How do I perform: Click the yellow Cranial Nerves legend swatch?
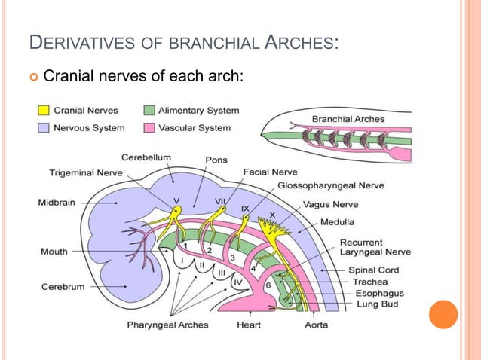44,111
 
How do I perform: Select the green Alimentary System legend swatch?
149,111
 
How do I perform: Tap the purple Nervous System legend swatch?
44,127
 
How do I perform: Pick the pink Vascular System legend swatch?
149,127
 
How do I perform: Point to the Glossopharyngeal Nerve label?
330,185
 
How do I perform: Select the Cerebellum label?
146,157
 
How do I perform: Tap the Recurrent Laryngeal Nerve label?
365,248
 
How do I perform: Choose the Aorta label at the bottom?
315,325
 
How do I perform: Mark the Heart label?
250,325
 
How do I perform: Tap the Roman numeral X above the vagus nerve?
273,215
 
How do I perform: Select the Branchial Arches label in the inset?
348,118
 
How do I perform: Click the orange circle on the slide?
443,314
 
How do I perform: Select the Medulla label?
338,222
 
